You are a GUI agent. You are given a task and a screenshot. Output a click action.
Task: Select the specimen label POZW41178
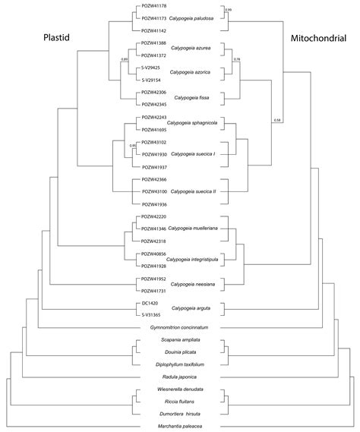155,5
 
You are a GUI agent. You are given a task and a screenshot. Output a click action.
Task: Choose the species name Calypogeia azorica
193,74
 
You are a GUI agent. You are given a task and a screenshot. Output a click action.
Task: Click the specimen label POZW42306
155,93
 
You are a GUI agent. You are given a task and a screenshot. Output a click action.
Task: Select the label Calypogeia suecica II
194,192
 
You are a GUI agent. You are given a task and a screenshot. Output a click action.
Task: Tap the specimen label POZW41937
155,166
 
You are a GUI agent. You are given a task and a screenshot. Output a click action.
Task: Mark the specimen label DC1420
150,301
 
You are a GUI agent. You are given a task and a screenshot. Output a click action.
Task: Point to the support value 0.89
125,58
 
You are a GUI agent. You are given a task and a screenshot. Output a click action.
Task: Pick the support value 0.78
237,58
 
